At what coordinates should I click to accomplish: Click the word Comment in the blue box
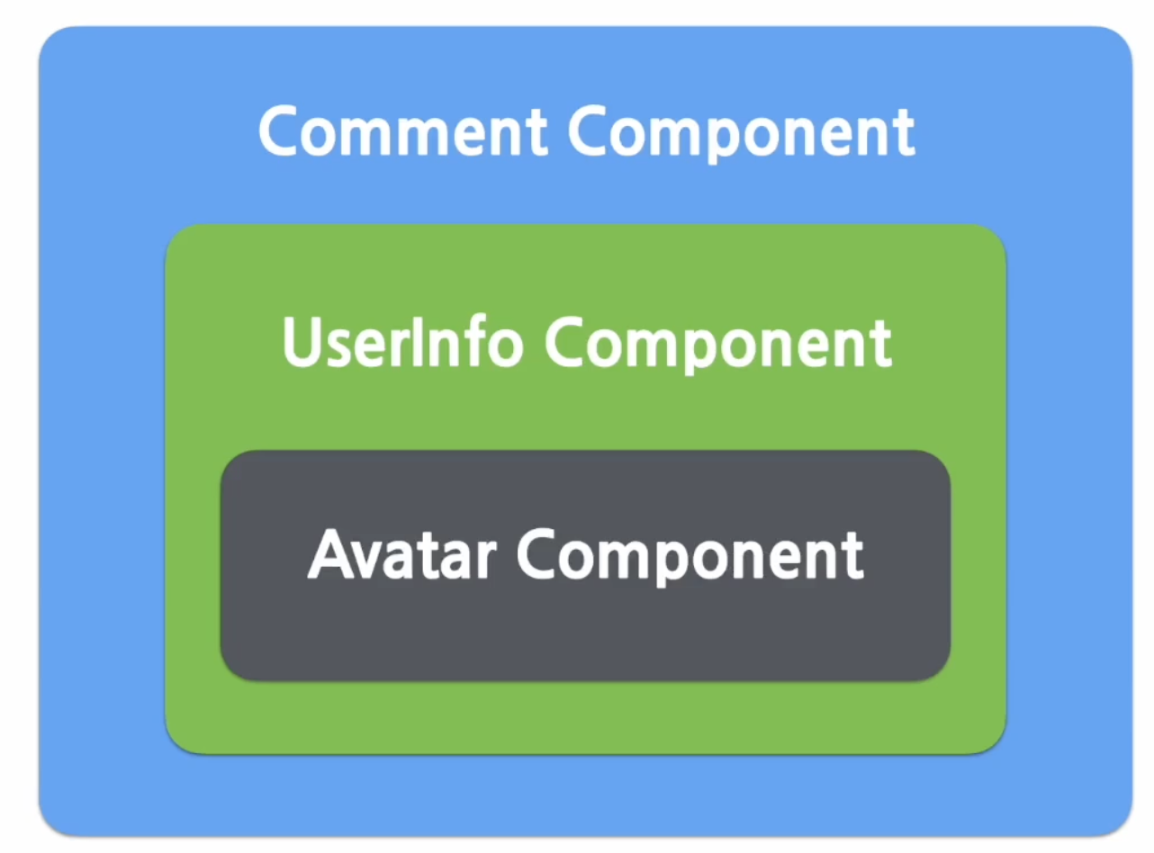click(403, 130)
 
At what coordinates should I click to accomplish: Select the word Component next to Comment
click(742, 134)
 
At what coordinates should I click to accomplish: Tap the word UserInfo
click(402, 341)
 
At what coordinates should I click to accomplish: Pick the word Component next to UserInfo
click(718, 346)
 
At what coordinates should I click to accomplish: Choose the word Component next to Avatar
click(690, 558)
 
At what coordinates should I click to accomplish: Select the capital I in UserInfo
click(415, 341)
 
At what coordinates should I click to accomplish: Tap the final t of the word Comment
click(536, 135)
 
